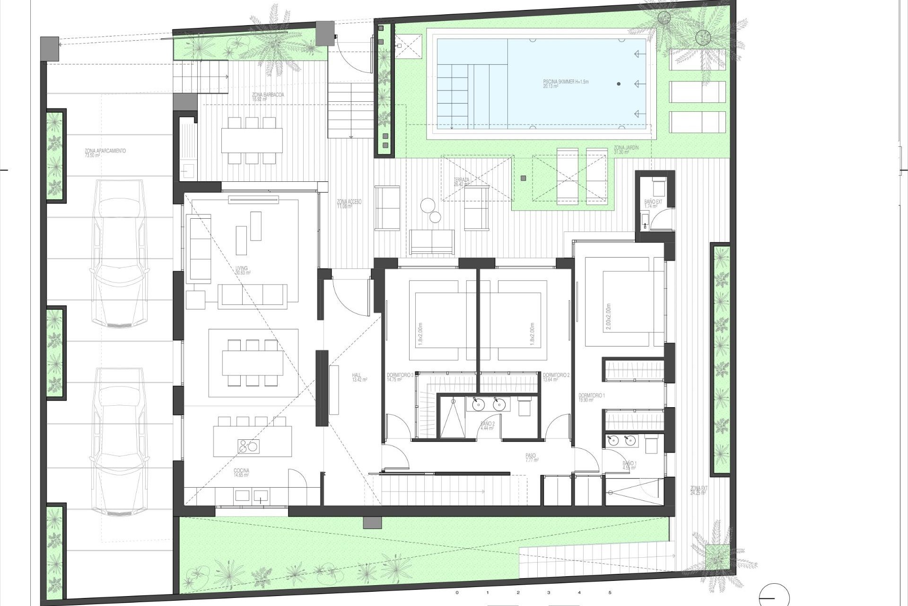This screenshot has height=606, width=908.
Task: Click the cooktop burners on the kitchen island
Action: pyautogui.click(x=248, y=446)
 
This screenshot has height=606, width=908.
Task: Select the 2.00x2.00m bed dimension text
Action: pyautogui.click(x=608, y=317)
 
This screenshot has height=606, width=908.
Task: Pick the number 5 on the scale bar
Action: pyautogui.click(x=610, y=592)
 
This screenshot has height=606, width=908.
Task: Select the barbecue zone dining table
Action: pyautogui.click(x=252, y=141)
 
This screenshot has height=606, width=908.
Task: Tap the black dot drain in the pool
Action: pyautogui.click(x=619, y=84)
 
